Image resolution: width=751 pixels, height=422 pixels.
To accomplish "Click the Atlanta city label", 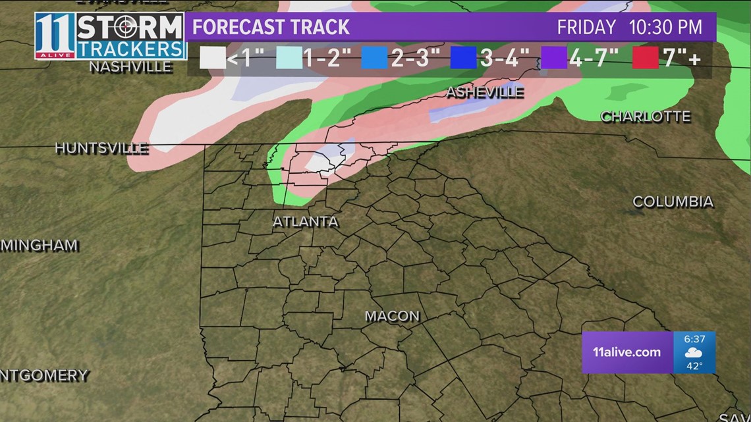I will (x=306, y=222).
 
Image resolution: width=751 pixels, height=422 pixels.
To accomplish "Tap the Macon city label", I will (x=392, y=316).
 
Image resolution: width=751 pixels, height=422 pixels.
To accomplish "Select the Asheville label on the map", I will (x=485, y=92).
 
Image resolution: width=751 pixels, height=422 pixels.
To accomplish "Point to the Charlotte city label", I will (x=646, y=117).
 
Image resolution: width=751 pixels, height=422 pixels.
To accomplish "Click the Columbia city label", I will (x=673, y=201).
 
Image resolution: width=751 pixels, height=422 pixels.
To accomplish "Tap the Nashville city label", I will (x=130, y=66).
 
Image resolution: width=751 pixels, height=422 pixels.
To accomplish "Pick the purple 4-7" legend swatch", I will (x=553, y=59).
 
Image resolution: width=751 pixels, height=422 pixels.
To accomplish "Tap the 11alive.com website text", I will (x=626, y=352).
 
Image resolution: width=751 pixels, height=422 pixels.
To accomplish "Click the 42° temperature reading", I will (x=694, y=365).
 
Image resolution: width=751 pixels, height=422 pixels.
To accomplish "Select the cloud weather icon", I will (x=694, y=352).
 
